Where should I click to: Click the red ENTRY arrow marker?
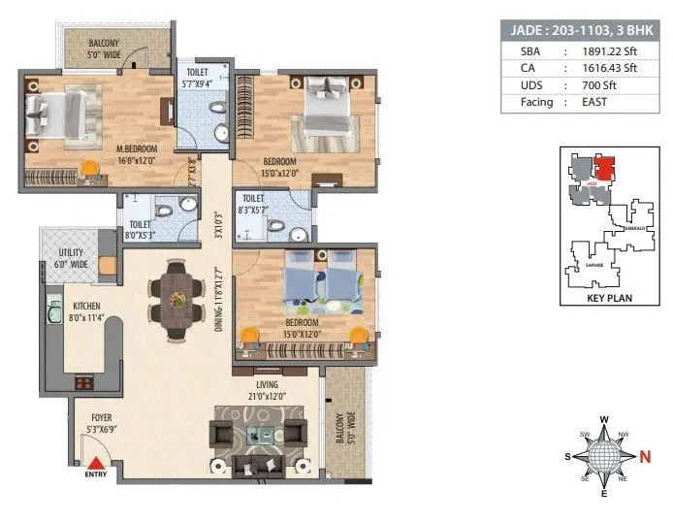coord(97,464)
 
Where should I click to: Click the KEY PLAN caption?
coord(609,299)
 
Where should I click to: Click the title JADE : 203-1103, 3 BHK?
coord(583,29)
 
